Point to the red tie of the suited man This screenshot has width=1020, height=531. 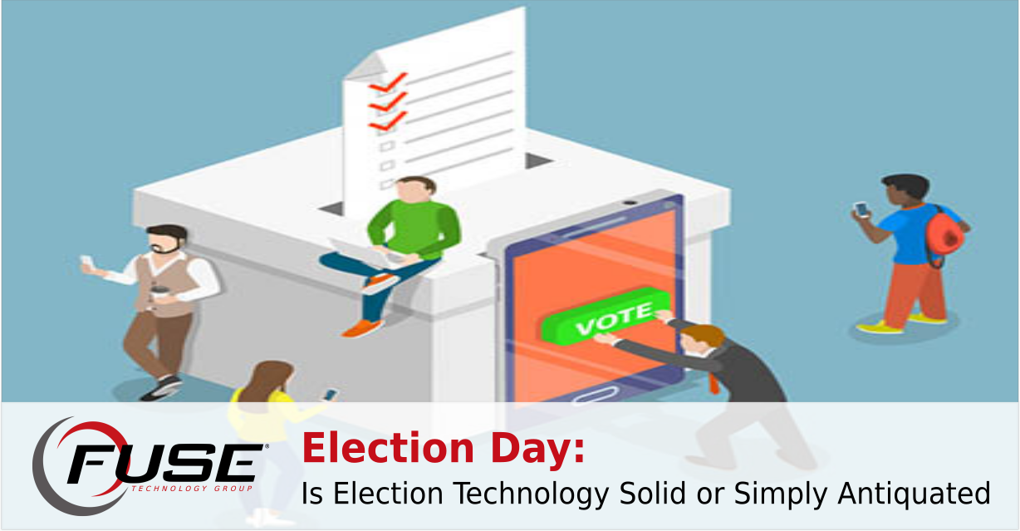[x=712, y=382]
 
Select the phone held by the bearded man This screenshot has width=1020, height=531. [x=86, y=263]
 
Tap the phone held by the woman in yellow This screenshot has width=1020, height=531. [x=331, y=394]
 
